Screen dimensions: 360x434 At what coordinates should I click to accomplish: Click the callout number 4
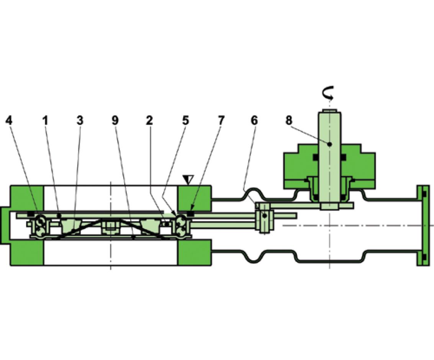tap(9, 121)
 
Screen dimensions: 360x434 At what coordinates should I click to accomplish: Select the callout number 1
tap(45, 121)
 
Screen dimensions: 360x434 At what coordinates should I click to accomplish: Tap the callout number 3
tap(79, 121)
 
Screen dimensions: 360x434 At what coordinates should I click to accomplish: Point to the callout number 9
tap(115, 121)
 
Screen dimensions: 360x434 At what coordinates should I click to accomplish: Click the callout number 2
tap(149, 121)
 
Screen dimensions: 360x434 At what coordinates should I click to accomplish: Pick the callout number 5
tap(185, 121)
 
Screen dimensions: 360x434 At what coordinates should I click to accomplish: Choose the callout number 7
tap(221, 121)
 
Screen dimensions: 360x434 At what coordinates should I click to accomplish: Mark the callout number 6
tap(254, 121)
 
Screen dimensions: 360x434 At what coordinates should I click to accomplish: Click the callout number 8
tap(289, 121)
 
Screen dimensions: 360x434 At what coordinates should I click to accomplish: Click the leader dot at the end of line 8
tap(329, 145)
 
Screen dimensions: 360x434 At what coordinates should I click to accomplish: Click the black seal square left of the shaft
tap(316, 157)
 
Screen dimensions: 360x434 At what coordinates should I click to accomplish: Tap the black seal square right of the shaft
tap(344, 157)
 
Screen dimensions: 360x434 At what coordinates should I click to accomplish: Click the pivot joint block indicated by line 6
tap(264, 217)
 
